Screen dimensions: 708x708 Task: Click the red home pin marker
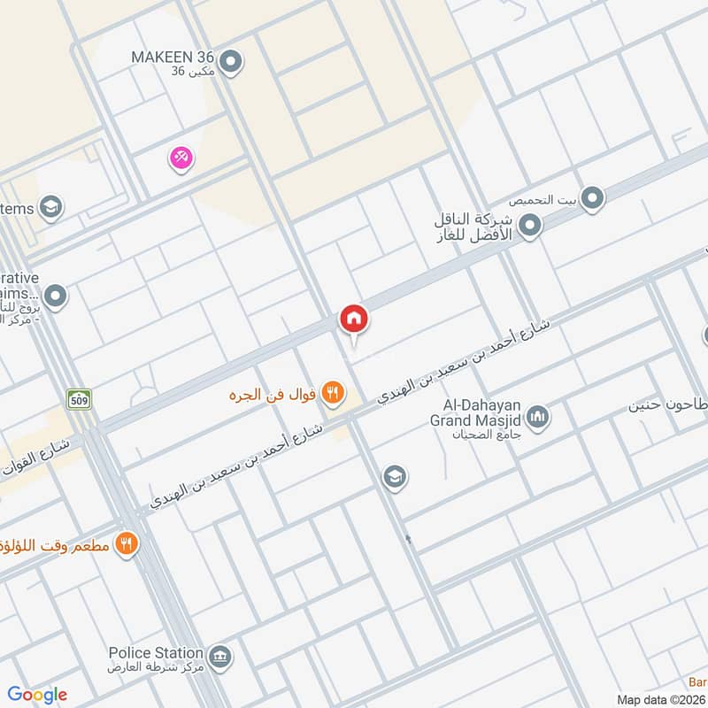[x=354, y=319]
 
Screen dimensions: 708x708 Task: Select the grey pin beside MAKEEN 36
[x=231, y=62]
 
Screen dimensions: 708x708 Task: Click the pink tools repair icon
[x=181, y=158]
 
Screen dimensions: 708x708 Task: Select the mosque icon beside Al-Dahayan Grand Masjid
[x=537, y=415]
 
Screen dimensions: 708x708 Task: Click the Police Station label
[x=156, y=653]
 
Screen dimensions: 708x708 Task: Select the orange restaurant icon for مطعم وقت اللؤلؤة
[x=127, y=543]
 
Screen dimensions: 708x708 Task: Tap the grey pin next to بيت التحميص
[x=592, y=198]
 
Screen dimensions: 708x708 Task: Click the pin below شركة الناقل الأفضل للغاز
[x=530, y=227]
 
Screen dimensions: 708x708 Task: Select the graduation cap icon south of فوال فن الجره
[x=395, y=478]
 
